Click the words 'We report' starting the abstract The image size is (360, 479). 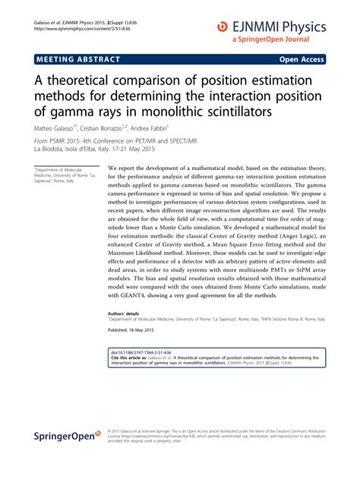(124, 168)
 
